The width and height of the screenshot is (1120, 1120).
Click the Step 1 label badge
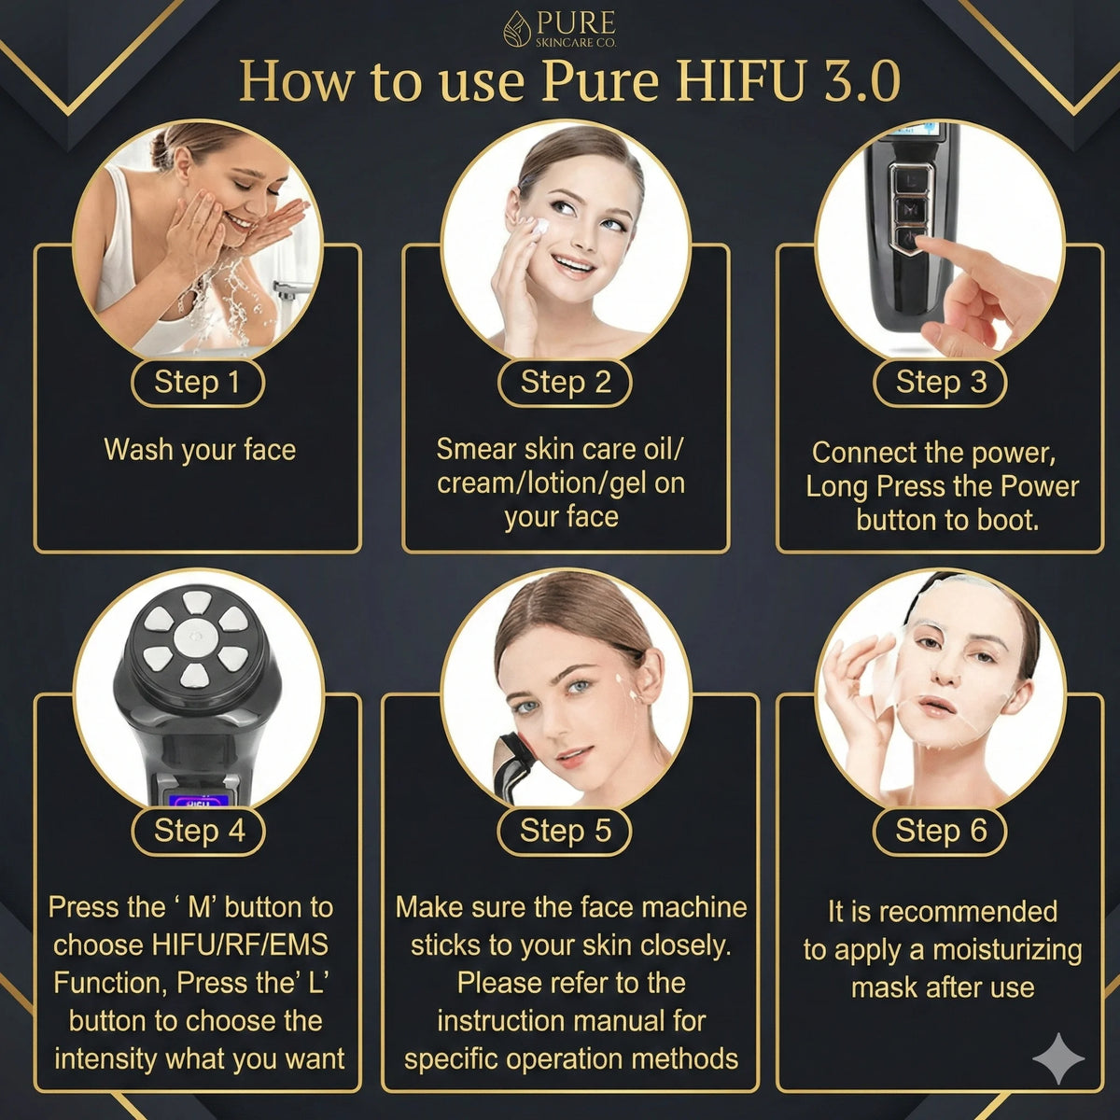(198, 383)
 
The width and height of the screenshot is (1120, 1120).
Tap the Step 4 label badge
(198, 832)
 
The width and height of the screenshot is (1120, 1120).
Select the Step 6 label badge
(940, 832)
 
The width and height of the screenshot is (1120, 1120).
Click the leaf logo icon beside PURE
(517, 29)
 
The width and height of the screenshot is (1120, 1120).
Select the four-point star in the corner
(1057, 1058)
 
